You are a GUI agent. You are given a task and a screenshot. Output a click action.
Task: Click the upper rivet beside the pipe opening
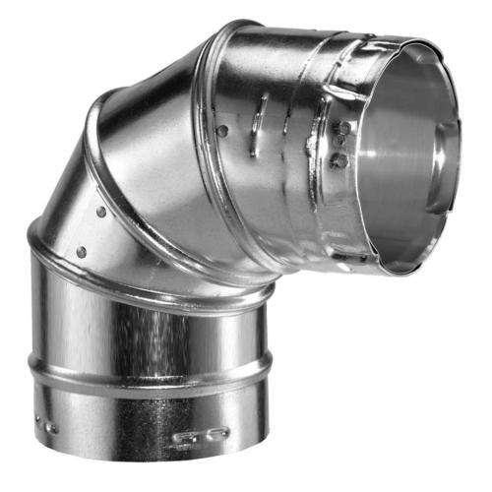pyautogui.click(x=342, y=128)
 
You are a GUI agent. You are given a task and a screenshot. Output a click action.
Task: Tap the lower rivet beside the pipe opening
pyautogui.click(x=341, y=157)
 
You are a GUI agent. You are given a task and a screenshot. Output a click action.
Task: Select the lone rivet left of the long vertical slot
pyautogui.click(x=223, y=129)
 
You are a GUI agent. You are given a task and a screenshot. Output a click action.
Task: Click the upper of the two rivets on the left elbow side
pyautogui.click(x=101, y=212)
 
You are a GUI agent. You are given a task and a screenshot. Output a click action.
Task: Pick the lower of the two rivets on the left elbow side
pyautogui.click(x=81, y=252)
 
